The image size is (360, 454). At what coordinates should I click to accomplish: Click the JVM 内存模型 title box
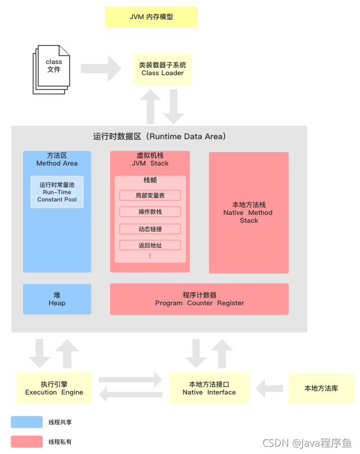(x=151, y=17)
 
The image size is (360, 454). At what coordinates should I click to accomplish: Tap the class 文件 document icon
(x=52, y=68)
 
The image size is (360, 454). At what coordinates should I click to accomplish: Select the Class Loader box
(x=162, y=69)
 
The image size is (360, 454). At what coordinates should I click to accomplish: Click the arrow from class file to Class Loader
(x=101, y=68)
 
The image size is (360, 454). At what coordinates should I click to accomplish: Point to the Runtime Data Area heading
(x=160, y=136)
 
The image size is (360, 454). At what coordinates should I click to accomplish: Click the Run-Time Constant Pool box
(x=57, y=192)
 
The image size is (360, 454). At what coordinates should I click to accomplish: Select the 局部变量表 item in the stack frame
(x=150, y=195)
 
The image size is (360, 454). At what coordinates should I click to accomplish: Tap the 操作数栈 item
(x=150, y=212)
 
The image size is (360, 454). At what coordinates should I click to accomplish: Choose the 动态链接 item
(x=150, y=228)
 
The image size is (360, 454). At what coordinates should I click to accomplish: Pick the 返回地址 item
(x=150, y=245)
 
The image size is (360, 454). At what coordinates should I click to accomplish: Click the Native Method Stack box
(x=248, y=213)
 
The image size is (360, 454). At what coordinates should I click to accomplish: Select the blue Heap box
(x=57, y=299)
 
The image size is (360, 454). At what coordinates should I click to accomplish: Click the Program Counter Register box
(x=199, y=299)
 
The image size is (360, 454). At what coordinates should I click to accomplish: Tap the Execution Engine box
(x=54, y=388)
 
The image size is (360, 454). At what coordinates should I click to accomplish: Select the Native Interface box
(x=209, y=388)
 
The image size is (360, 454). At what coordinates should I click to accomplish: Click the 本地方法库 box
(x=321, y=388)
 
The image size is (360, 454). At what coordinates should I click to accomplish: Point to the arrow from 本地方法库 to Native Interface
(x=270, y=388)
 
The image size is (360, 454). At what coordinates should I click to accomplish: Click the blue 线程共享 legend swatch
(x=26, y=422)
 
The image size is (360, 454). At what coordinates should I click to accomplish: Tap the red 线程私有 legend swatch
(x=26, y=442)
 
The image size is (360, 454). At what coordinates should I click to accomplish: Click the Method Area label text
(x=57, y=163)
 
